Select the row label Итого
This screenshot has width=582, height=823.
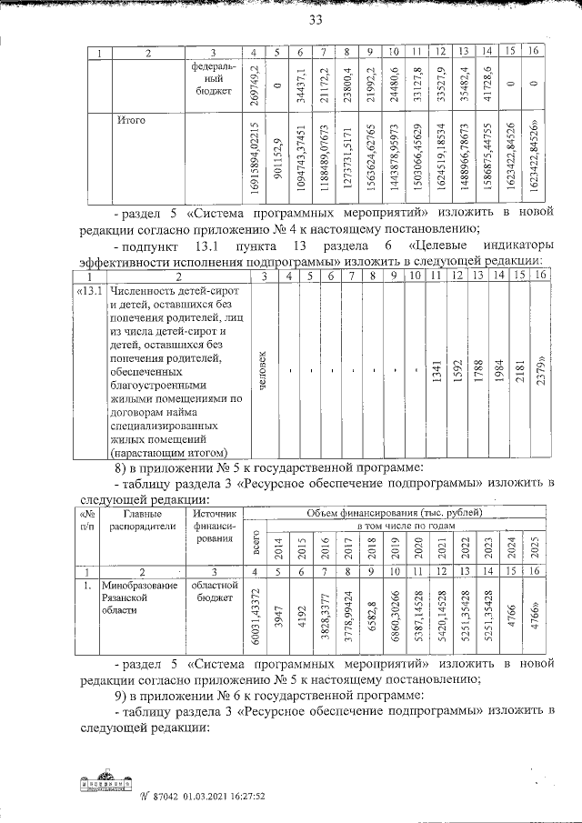tap(131, 119)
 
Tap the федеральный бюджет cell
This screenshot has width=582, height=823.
tap(213, 80)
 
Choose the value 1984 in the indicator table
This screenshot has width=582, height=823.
tap(499, 376)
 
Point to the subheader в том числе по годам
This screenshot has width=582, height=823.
tap(409, 526)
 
